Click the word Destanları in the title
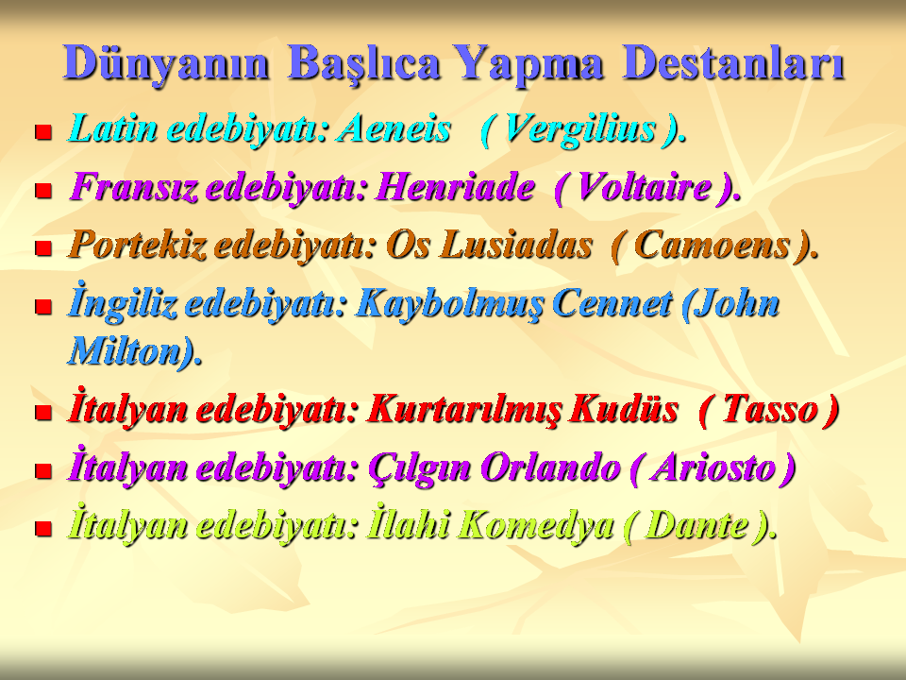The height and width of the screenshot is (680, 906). point(734,63)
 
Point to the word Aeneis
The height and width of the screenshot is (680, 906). point(394,127)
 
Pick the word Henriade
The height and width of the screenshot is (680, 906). point(455,187)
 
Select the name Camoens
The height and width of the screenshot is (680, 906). point(712,245)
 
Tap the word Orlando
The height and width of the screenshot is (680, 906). point(550,467)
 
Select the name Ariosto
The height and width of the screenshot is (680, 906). point(713,467)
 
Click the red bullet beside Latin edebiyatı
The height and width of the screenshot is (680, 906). point(43,132)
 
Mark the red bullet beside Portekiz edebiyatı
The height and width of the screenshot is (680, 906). point(43,248)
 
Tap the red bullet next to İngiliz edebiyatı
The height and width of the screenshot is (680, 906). point(43,306)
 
